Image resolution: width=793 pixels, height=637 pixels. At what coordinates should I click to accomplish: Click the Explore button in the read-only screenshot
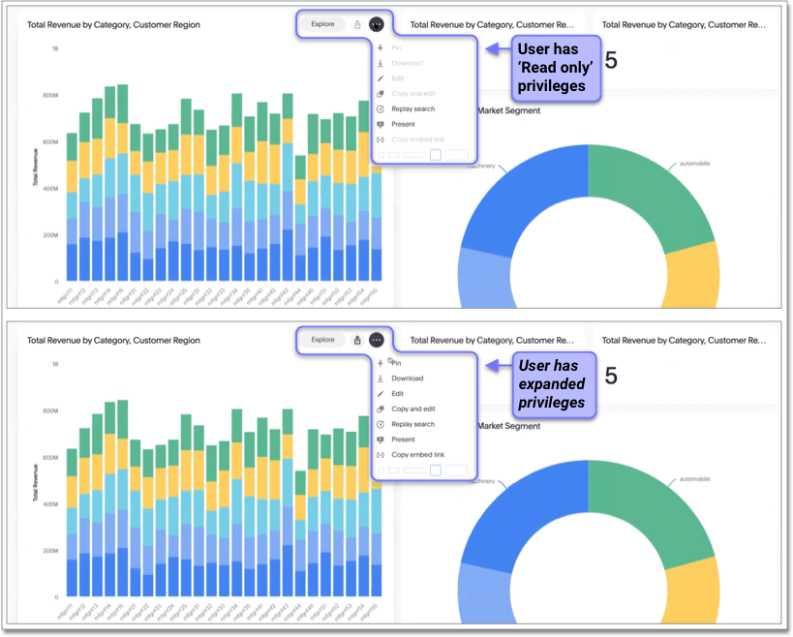click(x=322, y=24)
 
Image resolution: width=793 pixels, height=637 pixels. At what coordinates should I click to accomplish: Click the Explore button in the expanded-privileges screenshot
click(x=322, y=340)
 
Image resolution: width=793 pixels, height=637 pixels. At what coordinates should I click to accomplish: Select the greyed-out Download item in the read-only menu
click(x=408, y=63)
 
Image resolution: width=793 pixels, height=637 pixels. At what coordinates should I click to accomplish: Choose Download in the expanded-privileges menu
click(x=408, y=379)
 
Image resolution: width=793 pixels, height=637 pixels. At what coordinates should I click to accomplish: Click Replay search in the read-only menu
click(x=412, y=108)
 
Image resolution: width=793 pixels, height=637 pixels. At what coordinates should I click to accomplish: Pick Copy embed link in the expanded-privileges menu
click(x=417, y=455)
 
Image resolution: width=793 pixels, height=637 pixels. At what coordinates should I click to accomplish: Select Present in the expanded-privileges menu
click(x=403, y=440)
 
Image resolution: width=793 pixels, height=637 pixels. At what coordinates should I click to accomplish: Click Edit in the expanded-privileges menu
click(x=397, y=394)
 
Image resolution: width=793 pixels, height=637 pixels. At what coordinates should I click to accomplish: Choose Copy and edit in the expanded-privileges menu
click(x=413, y=409)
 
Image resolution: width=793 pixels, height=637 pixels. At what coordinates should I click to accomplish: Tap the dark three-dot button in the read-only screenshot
click(x=377, y=24)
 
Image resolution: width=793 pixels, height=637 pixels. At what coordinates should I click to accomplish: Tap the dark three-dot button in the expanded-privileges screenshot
click(x=377, y=340)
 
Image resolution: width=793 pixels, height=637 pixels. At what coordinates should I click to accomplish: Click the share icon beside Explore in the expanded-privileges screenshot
click(x=357, y=340)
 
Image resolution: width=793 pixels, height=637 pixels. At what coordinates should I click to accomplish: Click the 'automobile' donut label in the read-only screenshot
click(x=694, y=164)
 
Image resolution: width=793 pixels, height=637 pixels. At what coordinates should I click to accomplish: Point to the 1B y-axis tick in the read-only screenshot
click(x=56, y=47)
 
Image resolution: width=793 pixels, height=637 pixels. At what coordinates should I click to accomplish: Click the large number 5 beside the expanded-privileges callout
click(x=611, y=375)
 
